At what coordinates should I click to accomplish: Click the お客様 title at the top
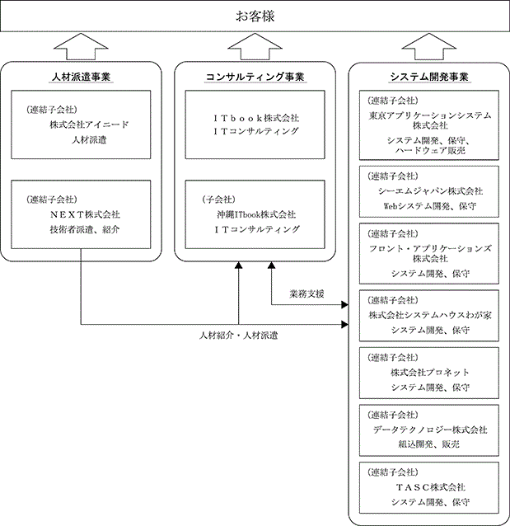pos(255,16)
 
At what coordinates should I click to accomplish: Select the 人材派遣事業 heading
pos(81,77)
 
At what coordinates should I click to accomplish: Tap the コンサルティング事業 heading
pos(255,77)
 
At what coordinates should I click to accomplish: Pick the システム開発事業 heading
pos(429,77)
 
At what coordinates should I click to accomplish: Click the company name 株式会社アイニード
pos(89,124)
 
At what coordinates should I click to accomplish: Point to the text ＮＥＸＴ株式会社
pos(85,214)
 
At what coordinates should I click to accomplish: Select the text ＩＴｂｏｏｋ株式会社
pos(256,118)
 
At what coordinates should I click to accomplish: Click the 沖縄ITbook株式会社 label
pos(256,214)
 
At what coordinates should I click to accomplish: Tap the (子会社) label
pos(218,200)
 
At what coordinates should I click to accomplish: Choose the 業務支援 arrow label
pos(306,294)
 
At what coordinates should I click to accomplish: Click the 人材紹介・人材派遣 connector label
pos(238,336)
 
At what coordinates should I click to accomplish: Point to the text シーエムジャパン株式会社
pos(430,191)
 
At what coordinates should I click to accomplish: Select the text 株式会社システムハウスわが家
pos(430,315)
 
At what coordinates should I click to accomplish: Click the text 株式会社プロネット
pos(430,373)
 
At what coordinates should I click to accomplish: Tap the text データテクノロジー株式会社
pos(430,430)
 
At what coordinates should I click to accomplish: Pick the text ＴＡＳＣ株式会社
pos(430,487)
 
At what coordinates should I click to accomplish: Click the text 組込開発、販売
pos(429,444)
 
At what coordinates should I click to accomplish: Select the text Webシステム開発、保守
pos(430,205)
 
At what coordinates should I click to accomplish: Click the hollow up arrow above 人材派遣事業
pos(81,47)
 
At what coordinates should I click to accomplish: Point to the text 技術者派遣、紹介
pos(85,229)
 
